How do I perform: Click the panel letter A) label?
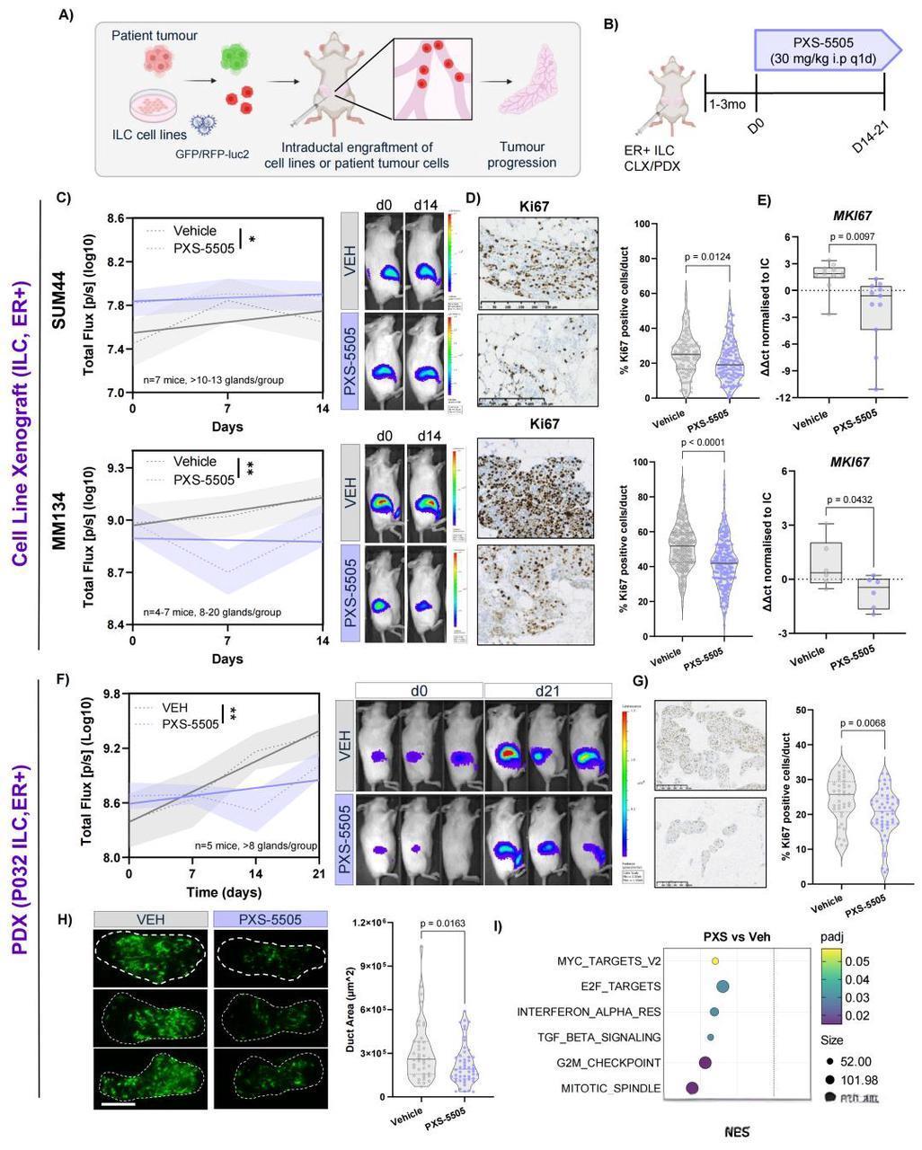click(65, 16)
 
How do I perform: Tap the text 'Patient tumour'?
click(155, 35)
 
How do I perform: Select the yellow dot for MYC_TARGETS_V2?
click(715, 960)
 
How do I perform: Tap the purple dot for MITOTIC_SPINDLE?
click(692, 1088)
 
